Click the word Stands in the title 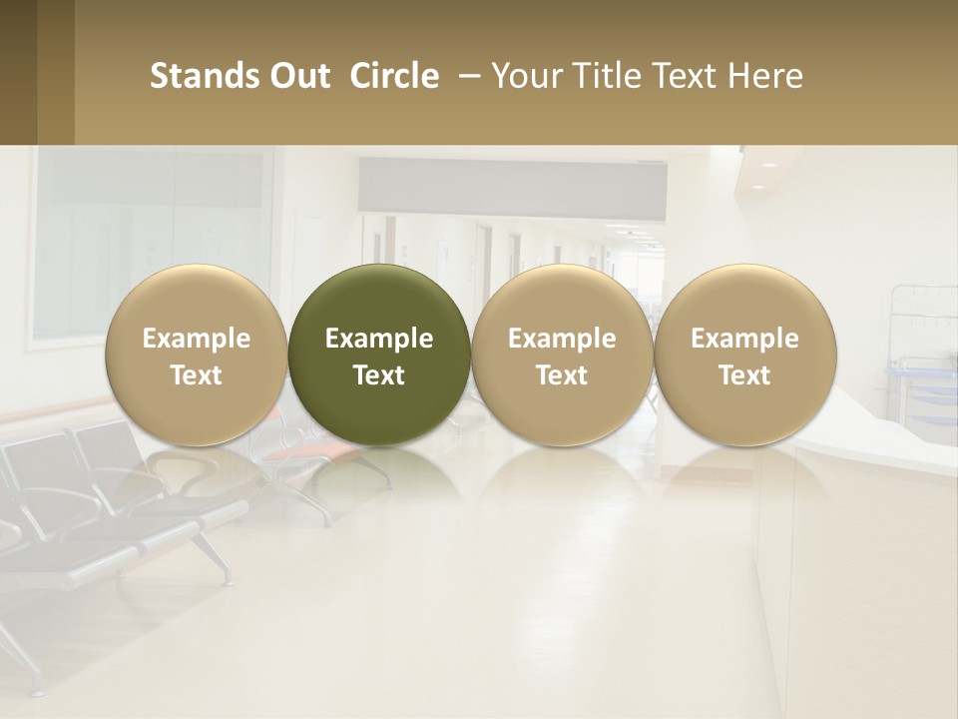pyautogui.click(x=195, y=76)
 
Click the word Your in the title pyautogui.click(x=524, y=76)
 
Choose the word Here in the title pyautogui.click(x=766, y=76)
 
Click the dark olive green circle pyautogui.click(x=379, y=355)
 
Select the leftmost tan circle pyautogui.click(x=197, y=355)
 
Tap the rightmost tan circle pyautogui.click(x=744, y=355)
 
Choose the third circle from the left pyautogui.click(x=562, y=355)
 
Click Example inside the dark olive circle pyautogui.click(x=379, y=339)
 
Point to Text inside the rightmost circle pyautogui.click(x=744, y=375)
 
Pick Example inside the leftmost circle pyautogui.click(x=197, y=339)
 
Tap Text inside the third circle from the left pyautogui.click(x=562, y=375)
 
